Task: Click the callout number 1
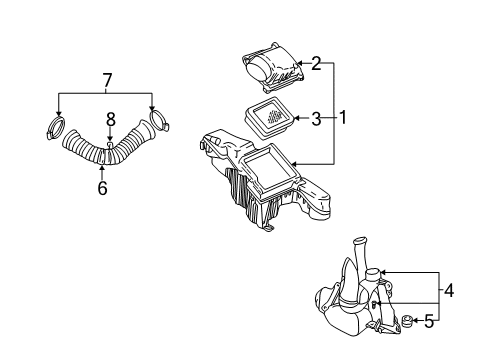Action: pos(342,117)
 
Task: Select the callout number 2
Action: pos(315,65)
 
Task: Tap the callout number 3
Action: pos(315,119)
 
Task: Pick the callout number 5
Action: pos(430,321)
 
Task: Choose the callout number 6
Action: pos(101,187)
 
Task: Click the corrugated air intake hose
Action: pos(100,155)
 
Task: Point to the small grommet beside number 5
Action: pos(408,321)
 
